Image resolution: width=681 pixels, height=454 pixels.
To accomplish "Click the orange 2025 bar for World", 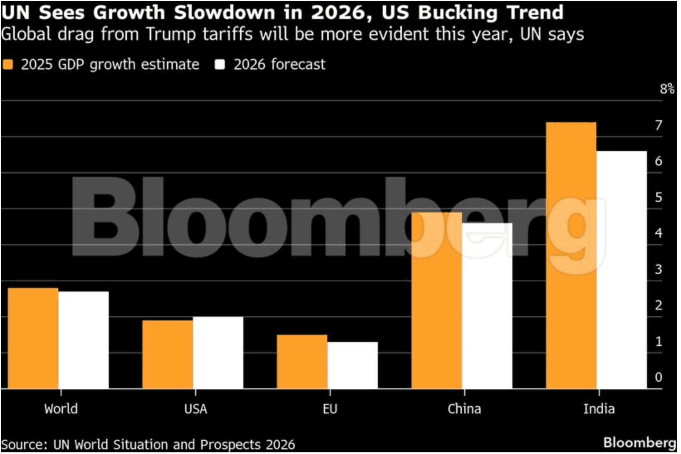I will click(x=33, y=338).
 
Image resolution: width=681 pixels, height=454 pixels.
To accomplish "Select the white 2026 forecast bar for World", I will click(x=83, y=340).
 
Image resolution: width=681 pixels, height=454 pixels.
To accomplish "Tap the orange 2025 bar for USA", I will click(x=168, y=354).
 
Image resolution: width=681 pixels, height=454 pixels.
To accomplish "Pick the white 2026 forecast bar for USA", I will click(x=218, y=353).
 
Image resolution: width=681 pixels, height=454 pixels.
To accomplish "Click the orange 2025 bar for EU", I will click(x=302, y=361).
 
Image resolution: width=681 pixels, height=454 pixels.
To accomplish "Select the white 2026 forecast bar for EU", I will click(x=353, y=365).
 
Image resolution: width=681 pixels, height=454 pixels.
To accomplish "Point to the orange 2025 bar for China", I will click(x=437, y=300).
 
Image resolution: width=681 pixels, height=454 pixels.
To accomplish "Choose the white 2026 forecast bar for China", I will click(x=487, y=306).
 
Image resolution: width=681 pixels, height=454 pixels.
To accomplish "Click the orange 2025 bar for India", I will click(x=571, y=255).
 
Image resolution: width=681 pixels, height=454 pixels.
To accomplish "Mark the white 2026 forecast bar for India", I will click(x=622, y=270).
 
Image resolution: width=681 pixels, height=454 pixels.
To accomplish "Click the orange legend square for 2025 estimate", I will click(x=8, y=65).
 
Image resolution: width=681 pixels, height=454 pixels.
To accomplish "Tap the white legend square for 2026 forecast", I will click(x=220, y=65).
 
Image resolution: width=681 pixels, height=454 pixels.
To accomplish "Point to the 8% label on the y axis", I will click(x=666, y=89).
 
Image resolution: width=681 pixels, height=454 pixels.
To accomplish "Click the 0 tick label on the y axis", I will click(x=659, y=377).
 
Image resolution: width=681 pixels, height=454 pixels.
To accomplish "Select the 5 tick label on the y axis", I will click(x=659, y=197).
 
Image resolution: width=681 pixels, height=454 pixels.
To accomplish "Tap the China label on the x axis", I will click(x=464, y=409).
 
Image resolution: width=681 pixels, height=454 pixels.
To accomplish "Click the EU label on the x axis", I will click(x=330, y=409).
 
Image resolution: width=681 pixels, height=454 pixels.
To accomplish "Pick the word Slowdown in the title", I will click(x=224, y=12).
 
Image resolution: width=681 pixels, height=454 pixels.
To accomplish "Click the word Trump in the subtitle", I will click(x=171, y=34).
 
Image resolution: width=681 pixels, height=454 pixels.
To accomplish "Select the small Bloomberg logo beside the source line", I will click(x=639, y=442).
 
